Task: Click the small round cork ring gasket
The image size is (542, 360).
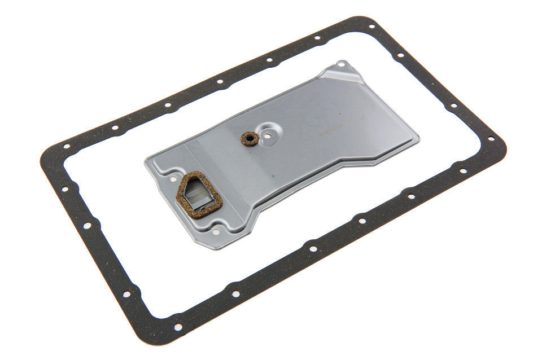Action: tap(247, 138)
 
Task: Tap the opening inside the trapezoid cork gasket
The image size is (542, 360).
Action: tap(199, 193)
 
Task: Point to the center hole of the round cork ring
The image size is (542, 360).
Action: tap(247, 138)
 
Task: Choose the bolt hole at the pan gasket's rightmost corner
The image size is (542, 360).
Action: tap(490, 139)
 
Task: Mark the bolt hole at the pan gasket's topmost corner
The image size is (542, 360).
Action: tap(371, 25)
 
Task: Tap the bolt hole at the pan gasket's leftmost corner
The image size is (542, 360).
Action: tap(66, 146)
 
